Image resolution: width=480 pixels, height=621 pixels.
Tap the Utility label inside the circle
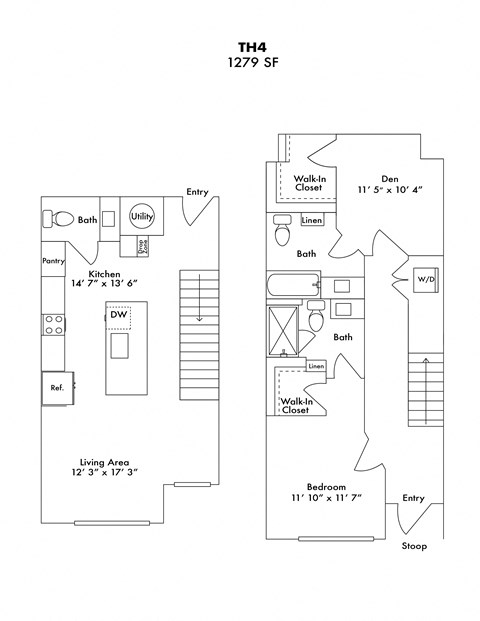[x=141, y=216]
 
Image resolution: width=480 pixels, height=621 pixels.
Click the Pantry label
[x=53, y=261]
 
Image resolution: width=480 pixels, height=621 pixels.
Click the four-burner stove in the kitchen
[x=52, y=324]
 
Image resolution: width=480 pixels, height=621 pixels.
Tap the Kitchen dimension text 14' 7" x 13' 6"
[x=105, y=284]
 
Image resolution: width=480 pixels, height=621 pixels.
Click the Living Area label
[x=105, y=462]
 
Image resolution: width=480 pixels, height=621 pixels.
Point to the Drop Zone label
[x=143, y=244]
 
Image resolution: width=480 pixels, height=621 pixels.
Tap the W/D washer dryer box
[x=425, y=279]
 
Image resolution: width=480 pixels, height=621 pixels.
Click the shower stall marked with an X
[x=285, y=331]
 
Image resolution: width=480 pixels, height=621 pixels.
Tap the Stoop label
[x=413, y=546]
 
